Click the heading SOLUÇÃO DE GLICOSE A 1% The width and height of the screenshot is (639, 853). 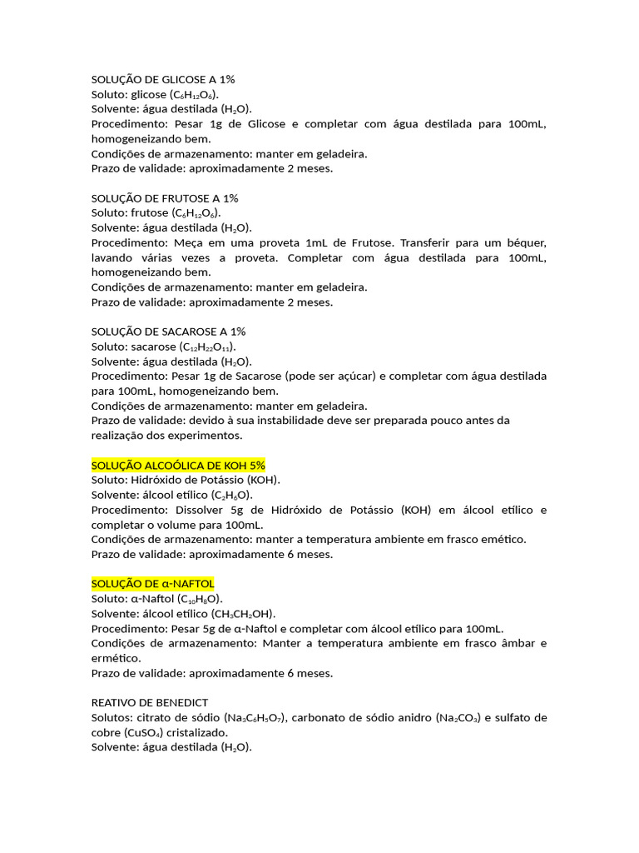pos(164,79)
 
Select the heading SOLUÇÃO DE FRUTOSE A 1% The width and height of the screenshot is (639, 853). pos(165,198)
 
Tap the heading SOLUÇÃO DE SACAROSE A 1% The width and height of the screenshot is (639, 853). pos(168,332)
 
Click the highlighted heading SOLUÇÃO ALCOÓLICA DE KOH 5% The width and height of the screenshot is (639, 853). pos(178,465)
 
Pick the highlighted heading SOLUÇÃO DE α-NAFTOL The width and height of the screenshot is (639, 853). pos(152,584)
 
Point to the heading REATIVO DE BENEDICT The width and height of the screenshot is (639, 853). pos(150,702)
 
